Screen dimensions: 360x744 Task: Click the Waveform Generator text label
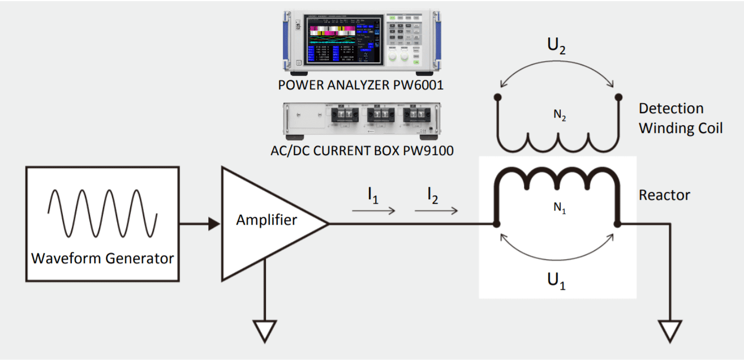102,259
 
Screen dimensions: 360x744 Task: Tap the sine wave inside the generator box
102,213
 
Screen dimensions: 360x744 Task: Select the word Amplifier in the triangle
266,220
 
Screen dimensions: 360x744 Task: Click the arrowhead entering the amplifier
214,224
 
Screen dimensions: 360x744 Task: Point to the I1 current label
373,196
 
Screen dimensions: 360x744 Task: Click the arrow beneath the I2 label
436,211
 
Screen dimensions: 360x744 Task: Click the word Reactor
664,195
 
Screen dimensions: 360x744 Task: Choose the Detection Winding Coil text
681,118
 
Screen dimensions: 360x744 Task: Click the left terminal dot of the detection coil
498,97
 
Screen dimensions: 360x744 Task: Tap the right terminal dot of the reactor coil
618,224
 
